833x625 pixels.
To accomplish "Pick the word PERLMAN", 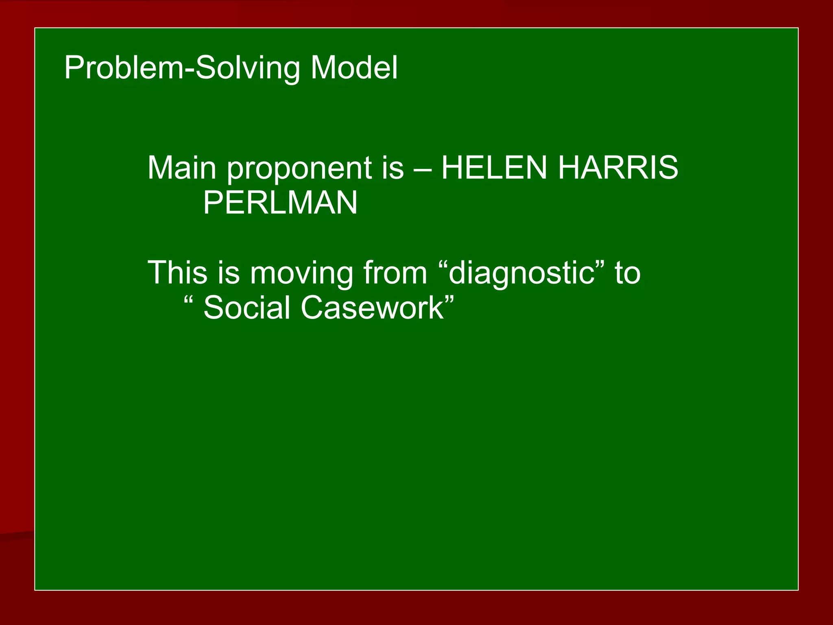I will point(280,203).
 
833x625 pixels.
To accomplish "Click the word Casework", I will point(373,308).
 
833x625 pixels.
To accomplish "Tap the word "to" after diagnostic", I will point(628,273).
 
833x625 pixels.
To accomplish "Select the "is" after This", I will point(229,272).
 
